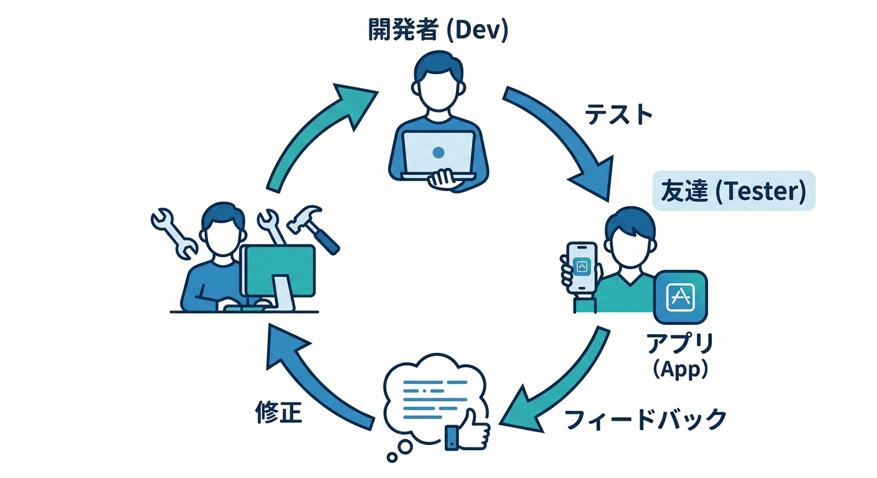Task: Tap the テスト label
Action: tap(619, 115)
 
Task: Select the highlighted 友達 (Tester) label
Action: tap(733, 191)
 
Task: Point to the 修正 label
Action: tap(279, 413)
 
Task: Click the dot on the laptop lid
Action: tap(438, 152)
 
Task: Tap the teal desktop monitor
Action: tap(278, 270)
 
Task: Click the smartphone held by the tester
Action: tap(582, 268)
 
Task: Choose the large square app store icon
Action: tap(680, 297)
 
